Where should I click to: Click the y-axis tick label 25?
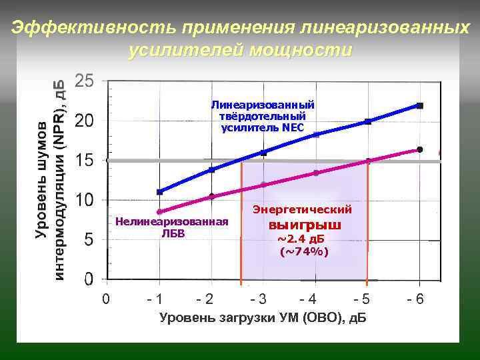(85, 81)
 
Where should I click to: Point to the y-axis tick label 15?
(85, 161)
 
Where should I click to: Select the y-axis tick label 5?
(88, 239)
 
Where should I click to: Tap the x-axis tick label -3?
(257, 299)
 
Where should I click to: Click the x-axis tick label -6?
(415, 299)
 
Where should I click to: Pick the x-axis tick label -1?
(155, 299)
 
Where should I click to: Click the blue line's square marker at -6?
(419, 105)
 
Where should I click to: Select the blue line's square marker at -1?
(159, 192)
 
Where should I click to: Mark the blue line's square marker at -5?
(367, 121)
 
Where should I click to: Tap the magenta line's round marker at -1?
(160, 212)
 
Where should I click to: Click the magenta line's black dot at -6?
(419, 149)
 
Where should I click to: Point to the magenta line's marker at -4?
(316, 173)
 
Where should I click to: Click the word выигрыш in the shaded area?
(300, 225)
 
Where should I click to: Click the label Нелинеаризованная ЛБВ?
(171, 227)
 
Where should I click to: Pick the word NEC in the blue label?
(293, 127)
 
